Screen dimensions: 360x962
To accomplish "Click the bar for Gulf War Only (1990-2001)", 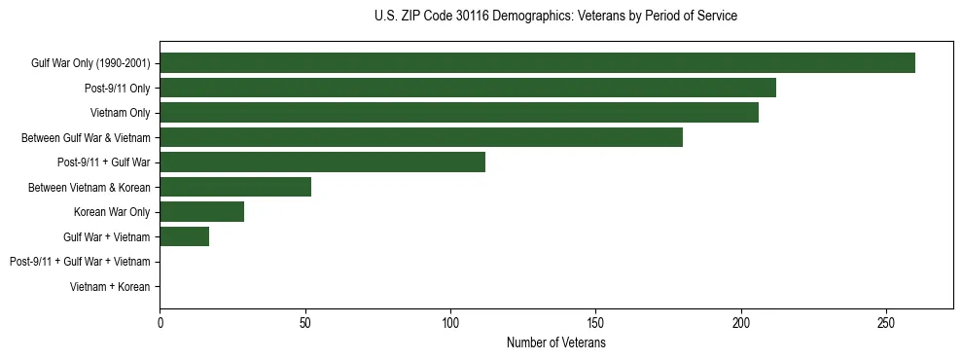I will (x=537, y=63).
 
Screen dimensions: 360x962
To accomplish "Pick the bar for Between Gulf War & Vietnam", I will (x=421, y=137).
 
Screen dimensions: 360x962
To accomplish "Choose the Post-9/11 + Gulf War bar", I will (x=322, y=162).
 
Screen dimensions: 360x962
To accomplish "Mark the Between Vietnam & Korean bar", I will (x=235, y=187).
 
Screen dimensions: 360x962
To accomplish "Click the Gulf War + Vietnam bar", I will (x=184, y=236).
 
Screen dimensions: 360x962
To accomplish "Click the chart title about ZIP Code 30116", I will (x=555, y=17).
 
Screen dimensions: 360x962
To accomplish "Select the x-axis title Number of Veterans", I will (x=555, y=343).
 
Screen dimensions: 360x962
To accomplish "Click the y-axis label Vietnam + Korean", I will (x=110, y=287).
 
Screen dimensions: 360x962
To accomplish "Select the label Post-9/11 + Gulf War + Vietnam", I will (x=80, y=262).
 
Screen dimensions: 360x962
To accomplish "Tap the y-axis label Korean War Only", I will (x=112, y=212).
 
